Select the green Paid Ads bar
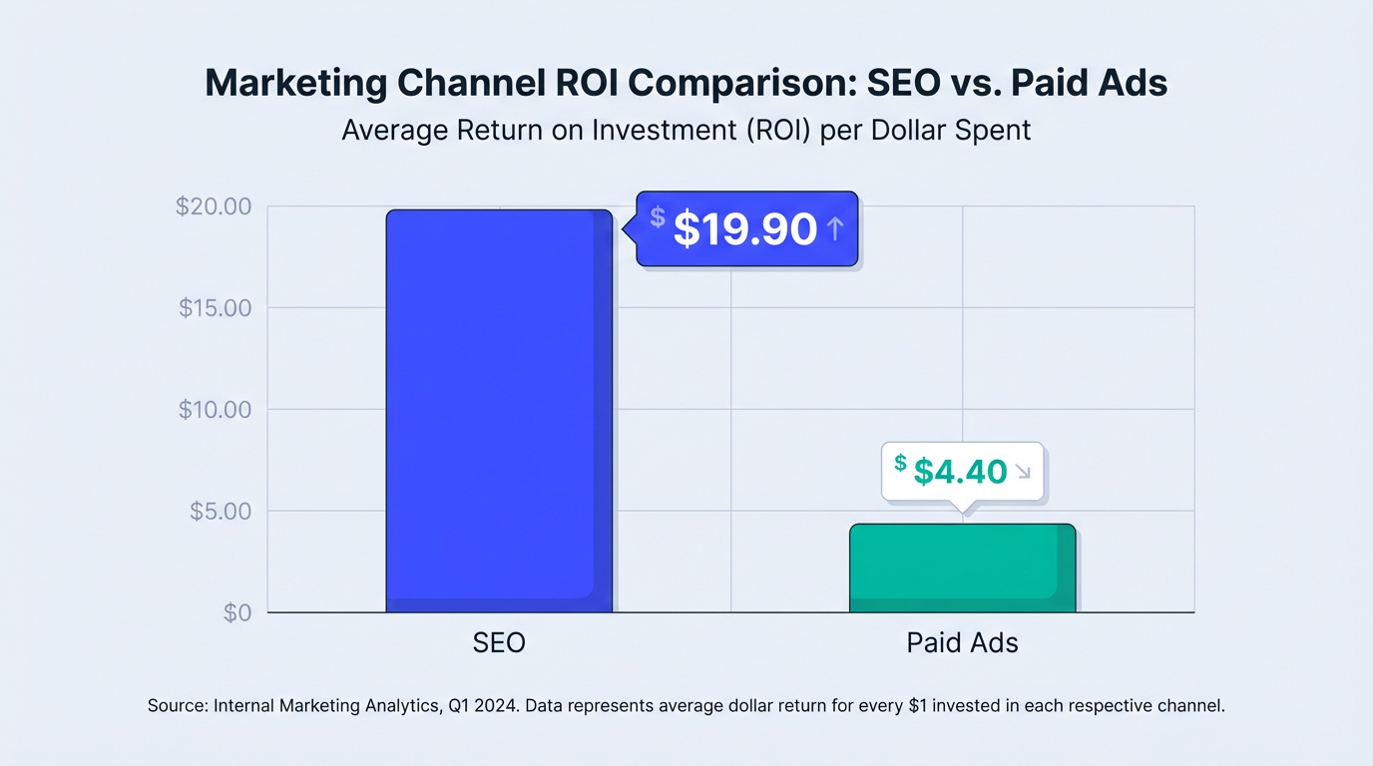962,568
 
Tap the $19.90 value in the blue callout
745,229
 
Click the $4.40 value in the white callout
960,471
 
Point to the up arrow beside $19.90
835,229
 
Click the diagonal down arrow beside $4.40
1022,472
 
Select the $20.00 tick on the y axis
214,206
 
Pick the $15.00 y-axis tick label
216,307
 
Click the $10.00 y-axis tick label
216,410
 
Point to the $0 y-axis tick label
237,612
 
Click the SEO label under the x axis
499,642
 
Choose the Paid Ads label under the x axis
962,642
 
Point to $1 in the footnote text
921,706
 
